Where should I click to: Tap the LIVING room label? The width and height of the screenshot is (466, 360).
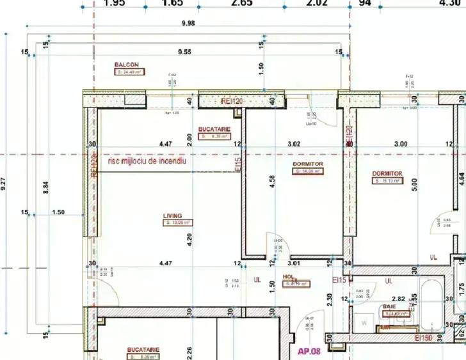(173, 217)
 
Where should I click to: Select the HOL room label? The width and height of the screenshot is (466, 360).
(288, 278)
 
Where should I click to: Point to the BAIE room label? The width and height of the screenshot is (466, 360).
(390, 307)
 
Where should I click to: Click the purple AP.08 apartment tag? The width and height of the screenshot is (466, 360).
(310, 350)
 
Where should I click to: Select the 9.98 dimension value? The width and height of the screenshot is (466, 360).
(188, 23)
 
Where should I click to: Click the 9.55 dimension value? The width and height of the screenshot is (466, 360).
(186, 51)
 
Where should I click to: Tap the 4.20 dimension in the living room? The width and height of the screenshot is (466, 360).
(189, 240)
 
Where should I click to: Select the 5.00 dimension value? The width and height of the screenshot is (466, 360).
(414, 185)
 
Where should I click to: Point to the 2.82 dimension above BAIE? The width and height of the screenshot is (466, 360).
(398, 299)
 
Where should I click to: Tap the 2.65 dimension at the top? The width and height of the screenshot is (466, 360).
(242, 3)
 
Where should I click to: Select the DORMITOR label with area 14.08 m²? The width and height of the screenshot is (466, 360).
(308, 164)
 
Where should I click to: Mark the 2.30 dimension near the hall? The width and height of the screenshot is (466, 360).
(329, 299)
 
